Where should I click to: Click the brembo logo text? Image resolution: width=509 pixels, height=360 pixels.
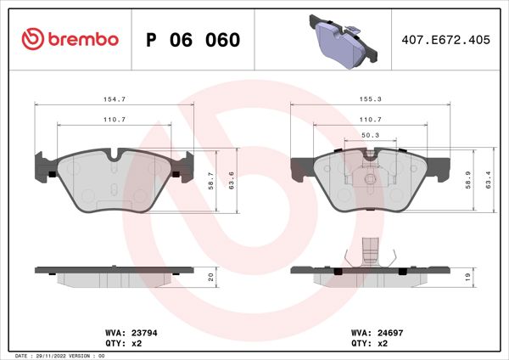point(81,40)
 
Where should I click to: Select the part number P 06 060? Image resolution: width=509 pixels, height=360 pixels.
point(193,40)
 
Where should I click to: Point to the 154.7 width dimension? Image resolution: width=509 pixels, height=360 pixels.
point(115,99)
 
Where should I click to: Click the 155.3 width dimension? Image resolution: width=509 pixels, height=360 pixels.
point(370,99)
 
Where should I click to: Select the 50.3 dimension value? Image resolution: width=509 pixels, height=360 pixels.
point(370,134)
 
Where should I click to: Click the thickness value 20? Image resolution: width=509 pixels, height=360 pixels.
point(211,277)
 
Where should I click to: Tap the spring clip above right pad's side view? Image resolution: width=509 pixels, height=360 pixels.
point(369,251)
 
